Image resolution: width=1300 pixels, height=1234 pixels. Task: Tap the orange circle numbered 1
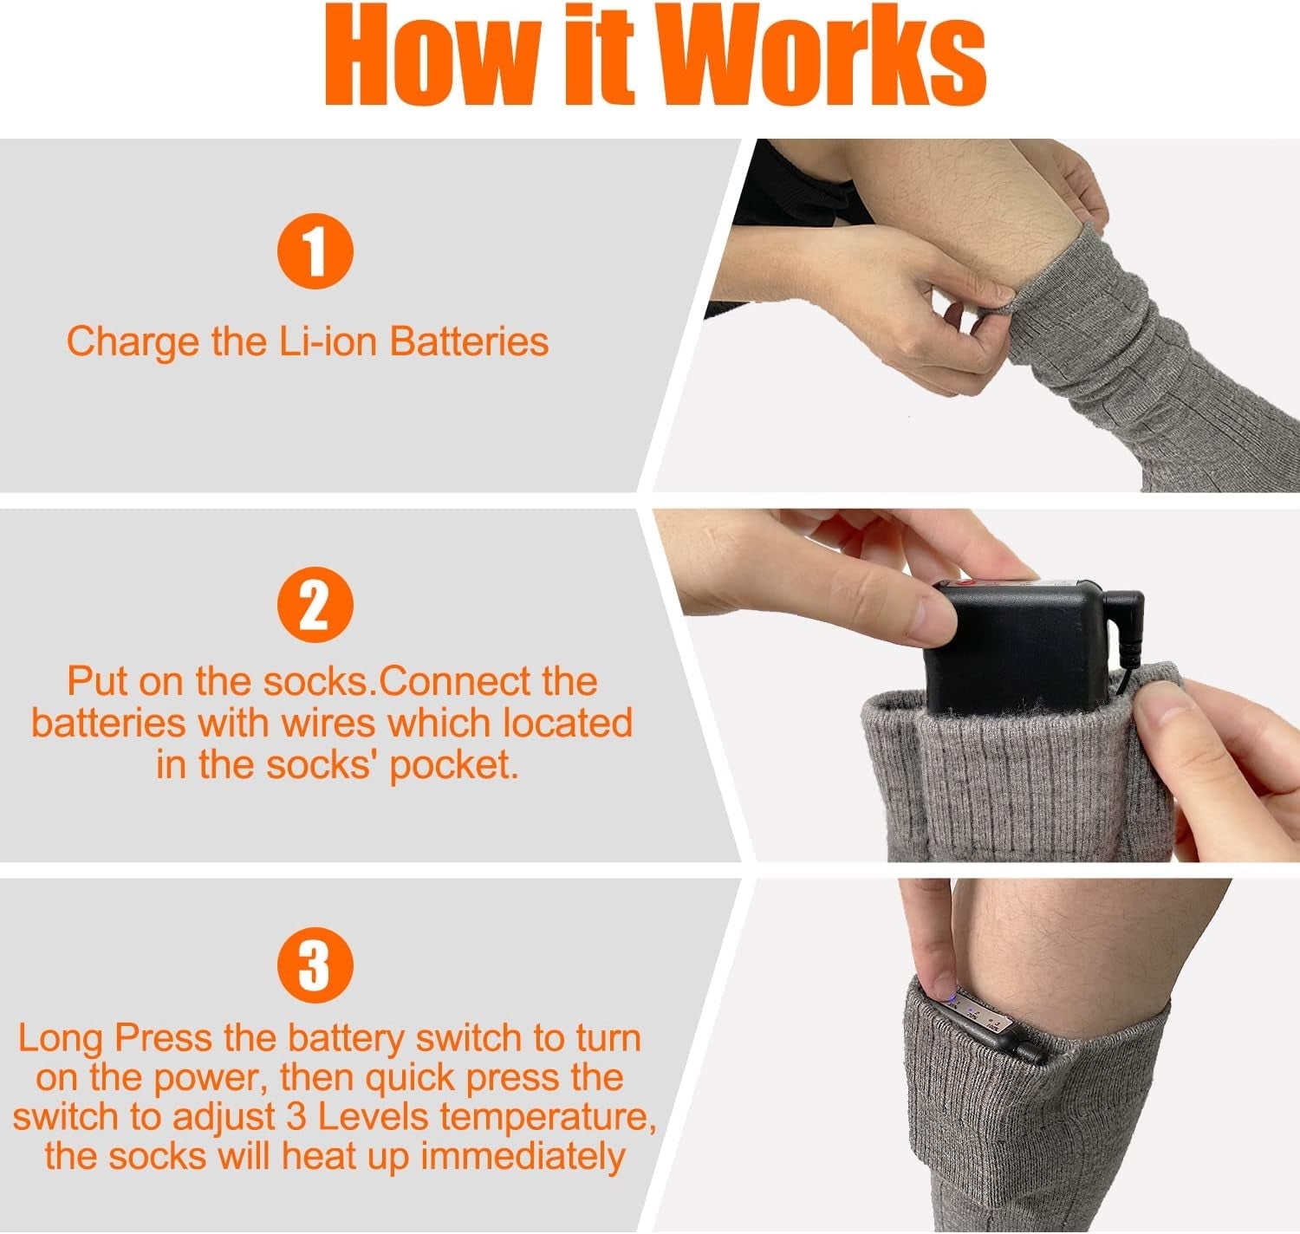click(315, 251)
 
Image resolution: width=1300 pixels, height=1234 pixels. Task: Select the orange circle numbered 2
click(315, 607)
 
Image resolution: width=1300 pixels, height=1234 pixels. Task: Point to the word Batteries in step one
click(469, 341)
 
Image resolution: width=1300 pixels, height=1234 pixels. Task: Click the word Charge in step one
click(133, 341)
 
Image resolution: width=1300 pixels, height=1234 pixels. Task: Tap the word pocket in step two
click(452, 765)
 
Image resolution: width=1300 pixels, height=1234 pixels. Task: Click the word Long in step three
click(59, 1038)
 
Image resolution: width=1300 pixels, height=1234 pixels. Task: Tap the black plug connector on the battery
click(1127, 624)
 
